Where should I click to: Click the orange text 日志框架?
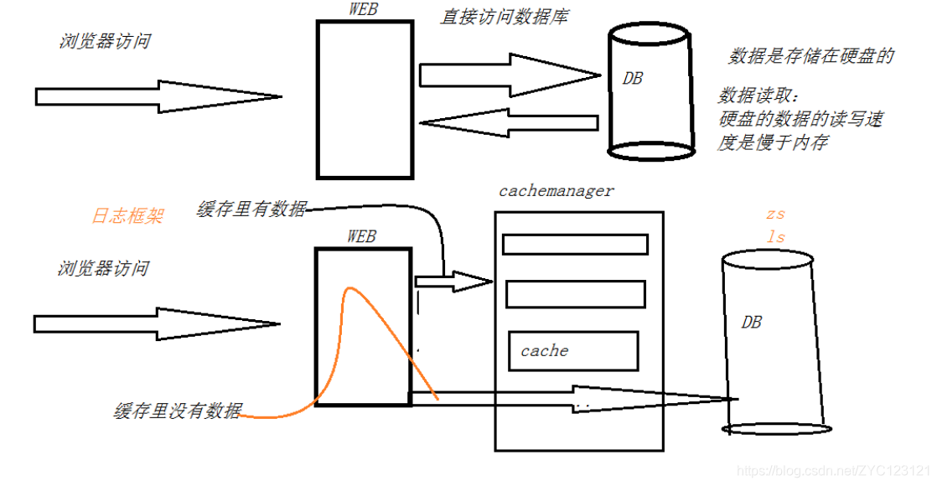pos(127,216)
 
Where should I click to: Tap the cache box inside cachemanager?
pos(572,351)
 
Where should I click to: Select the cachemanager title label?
pos(556,190)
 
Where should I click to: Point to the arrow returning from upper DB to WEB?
pos(507,123)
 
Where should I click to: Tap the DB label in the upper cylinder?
pos(633,78)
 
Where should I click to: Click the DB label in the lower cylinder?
pos(752,322)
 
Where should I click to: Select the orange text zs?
pos(775,215)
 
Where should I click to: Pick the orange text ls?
pos(776,237)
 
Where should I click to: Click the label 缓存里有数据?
pos(251,209)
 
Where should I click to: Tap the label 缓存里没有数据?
pos(178,411)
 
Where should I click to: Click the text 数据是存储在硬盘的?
pos(811,56)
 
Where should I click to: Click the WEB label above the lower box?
pos(361,237)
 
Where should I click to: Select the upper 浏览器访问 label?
pos(105,41)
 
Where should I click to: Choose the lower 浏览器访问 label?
pos(103,269)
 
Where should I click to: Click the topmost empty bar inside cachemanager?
pos(575,244)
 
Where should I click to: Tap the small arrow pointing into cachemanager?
pos(453,282)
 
